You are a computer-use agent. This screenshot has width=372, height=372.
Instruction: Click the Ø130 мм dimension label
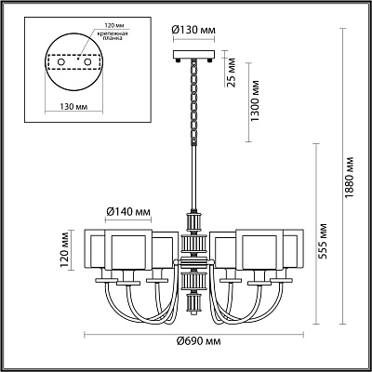pyautogui.click(x=193, y=31)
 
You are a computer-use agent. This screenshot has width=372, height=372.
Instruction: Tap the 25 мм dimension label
pyautogui.click(x=232, y=73)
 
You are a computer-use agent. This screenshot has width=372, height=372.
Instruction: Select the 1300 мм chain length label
pyautogui.click(x=255, y=101)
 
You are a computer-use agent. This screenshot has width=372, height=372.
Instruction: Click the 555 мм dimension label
pyautogui.click(x=324, y=242)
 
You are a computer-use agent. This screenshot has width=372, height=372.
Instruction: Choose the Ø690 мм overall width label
pyautogui.click(x=199, y=341)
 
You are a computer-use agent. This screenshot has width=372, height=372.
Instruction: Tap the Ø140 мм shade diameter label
pyautogui.click(x=128, y=212)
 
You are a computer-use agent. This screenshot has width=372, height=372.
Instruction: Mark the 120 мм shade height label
pyautogui.click(x=64, y=250)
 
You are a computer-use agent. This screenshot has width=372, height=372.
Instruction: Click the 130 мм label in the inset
pyautogui.click(x=73, y=107)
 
